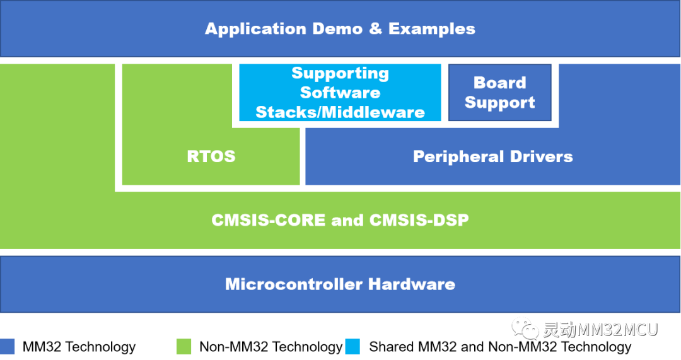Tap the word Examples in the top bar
pos(432,29)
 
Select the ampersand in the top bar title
pos(375,29)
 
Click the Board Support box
pos(499,93)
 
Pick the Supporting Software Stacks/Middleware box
pos(340,93)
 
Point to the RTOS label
pos(211,156)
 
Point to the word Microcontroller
pos(294,284)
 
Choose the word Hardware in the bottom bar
pos(412,284)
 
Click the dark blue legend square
pos(8,346)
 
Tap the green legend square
pos(184,346)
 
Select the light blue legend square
pos(352,346)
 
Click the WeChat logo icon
pos(525,328)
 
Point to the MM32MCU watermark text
pos(600,329)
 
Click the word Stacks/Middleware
pos(340,112)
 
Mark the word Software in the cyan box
pos(340,93)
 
